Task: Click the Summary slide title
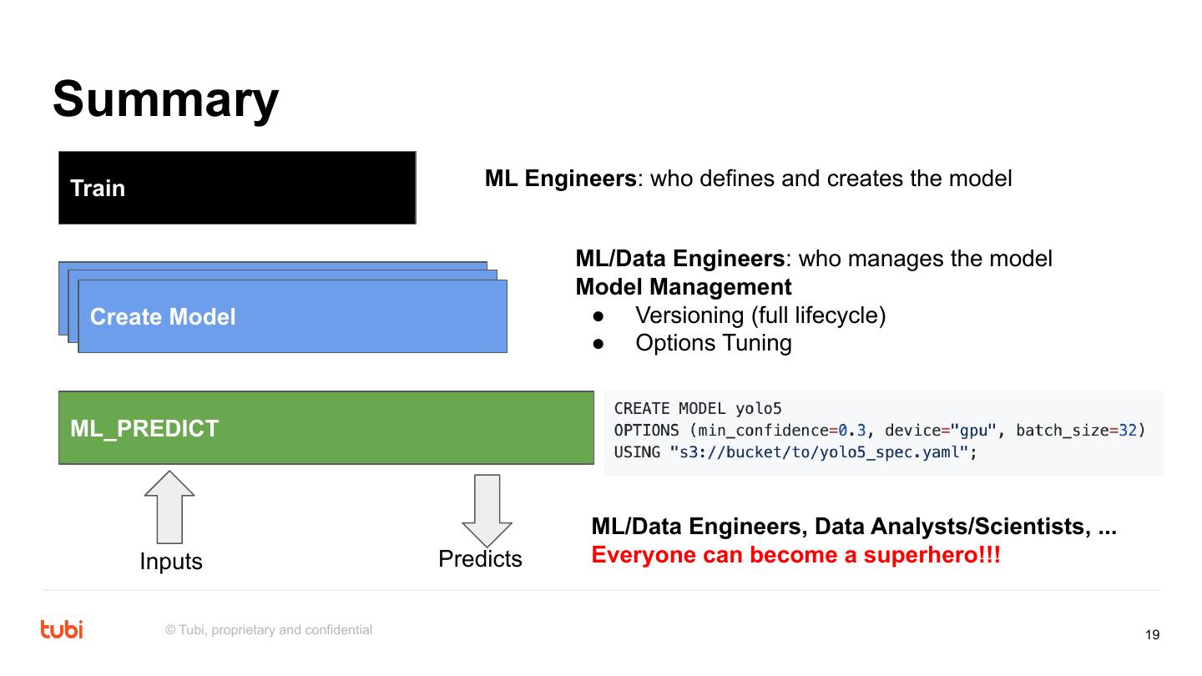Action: tap(165, 99)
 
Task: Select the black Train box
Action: tap(237, 188)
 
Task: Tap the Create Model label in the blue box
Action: tap(163, 317)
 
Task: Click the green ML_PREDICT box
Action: tap(326, 427)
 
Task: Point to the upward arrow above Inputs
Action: tap(169, 507)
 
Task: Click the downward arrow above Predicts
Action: tap(487, 510)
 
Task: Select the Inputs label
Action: tap(171, 562)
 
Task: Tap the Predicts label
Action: tap(480, 559)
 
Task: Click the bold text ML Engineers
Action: tap(560, 179)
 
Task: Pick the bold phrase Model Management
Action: tap(684, 287)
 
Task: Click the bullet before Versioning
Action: tap(598, 315)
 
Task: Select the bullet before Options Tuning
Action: tap(598, 343)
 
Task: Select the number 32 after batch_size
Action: tap(1128, 431)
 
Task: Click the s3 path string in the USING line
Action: tap(818, 452)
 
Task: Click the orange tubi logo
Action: tap(62, 629)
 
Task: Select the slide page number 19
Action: tap(1152, 635)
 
